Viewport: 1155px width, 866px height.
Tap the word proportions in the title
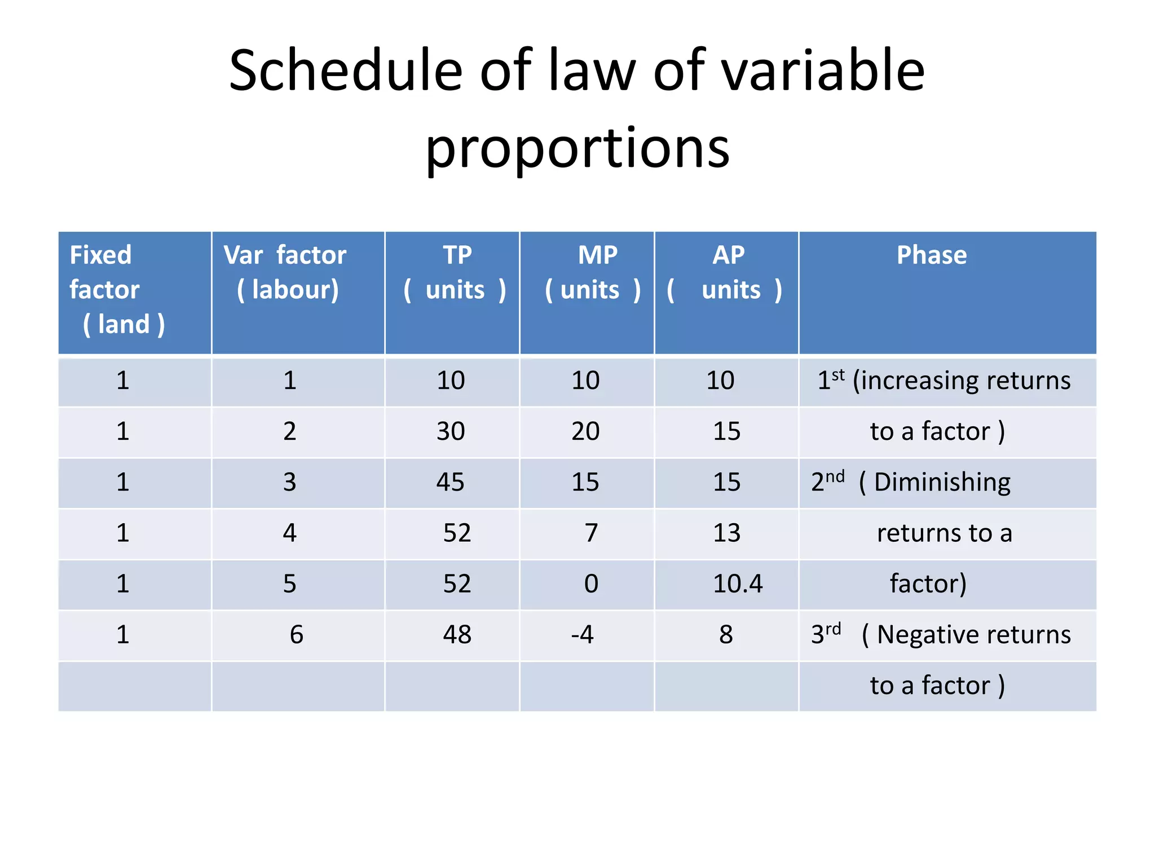[x=577, y=148]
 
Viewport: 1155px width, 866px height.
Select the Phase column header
[x=931, y=255]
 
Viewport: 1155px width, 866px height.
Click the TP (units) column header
[x=455, y=272]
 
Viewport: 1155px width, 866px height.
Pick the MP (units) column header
[x=594, y=272]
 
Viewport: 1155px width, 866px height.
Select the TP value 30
[x=450, y=431]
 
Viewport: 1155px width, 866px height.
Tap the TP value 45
[x=450, y=482]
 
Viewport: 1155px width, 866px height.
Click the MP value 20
[x=585, y=431]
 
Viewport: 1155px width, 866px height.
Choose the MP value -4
[x=582, y=635]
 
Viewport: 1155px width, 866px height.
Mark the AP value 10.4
[x=737, y=584]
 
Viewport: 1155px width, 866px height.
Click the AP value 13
[x=726, y=533]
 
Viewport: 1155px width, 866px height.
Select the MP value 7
[x=590, y=533]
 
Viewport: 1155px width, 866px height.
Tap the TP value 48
[x=457, y=635]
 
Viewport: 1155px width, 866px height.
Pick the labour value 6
[x=296, y=635]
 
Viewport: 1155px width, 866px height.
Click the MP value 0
[x=590, y=584]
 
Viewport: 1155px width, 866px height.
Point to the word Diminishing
[x=942, y=483]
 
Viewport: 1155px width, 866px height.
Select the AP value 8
[x=726, y=635]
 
